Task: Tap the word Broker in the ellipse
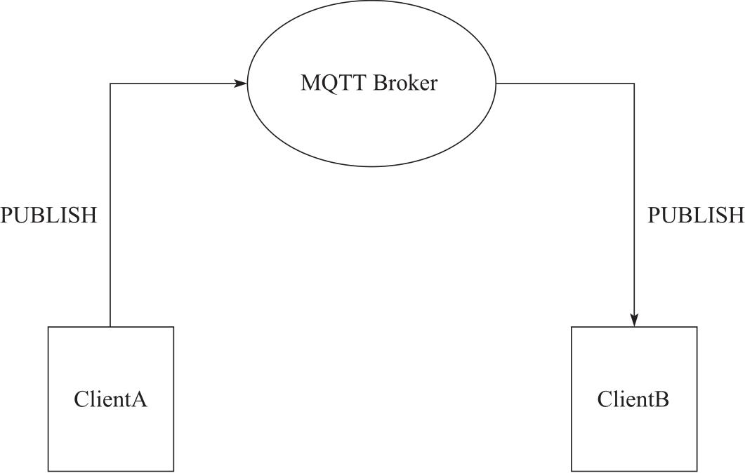tap(405, 84)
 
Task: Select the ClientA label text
tap(110, 399)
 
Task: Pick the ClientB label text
tap(633, 399)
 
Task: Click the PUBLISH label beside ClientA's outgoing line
tap(48, 215)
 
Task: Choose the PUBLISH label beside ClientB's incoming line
tap(695, 215)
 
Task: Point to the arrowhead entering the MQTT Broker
tap(241, 84)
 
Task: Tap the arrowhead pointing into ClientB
tap(634, 321)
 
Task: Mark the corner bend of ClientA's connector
tap(110, 84)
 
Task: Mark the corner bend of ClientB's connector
tap(634, 84)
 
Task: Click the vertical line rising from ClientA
tap(110, 211)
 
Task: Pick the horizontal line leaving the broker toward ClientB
tap(565, 84)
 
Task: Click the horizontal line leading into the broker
tap(176, 84)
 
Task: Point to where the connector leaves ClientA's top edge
tap(110, 326)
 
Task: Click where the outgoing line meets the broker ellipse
tap(496, 84)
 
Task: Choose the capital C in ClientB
tap(605, 399)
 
